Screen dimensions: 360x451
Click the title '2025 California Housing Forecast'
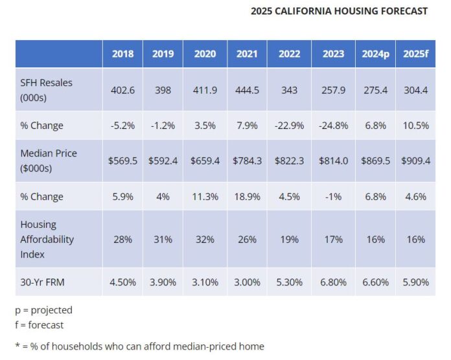pyautogui.click(x=339, y=11)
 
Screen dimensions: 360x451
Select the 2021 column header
pyautogui.click(x=247, y=54)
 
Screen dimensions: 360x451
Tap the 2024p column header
pyautogui.click(x=376, y=54)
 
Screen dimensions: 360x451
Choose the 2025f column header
pyautogui.click(x=415, y=54)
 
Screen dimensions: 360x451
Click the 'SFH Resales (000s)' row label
pyautogui.click(x=47, y=90)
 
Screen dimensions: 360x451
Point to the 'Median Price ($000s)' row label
pyautogui.click(x=49, y=161)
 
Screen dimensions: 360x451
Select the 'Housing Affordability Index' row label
pyautogui.click(x=47, y=239)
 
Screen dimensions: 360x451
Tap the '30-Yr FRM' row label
pyautogui.click(x=43, y=282)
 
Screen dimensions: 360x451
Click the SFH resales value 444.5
pyautogui.click(x=247, y=90)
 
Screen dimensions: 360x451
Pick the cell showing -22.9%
pyautogui.click(x=289, y=126)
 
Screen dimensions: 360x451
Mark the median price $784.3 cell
pyautogui.click(x=247, y=161)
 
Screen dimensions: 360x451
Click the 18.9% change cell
pyautogui.click(x=247, y=196)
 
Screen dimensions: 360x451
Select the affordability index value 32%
pyautogui.click(x=205, y=239)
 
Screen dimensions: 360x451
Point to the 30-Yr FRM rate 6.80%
pyautogui.click(x=333, y=282)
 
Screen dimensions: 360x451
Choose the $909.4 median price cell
pyautogui.click(x=415, y=161)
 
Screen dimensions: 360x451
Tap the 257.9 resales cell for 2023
pyautogui.click(x=333, y=90)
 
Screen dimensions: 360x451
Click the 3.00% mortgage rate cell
pyautogui.click(x=247, y=282)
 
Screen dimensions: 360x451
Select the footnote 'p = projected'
pyautogui.click(x=43, y=310)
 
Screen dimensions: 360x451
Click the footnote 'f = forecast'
pyautogui.click(x=40, y=325)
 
